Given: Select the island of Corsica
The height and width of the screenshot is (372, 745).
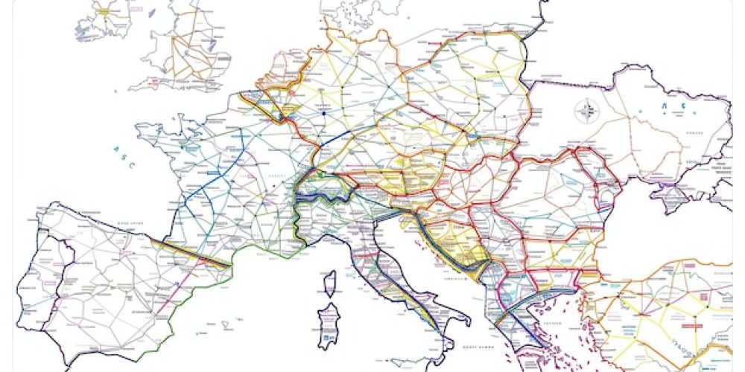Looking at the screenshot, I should tap(329, 283).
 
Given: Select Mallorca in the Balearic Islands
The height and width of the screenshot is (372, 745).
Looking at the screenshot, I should tap(223, 326).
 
